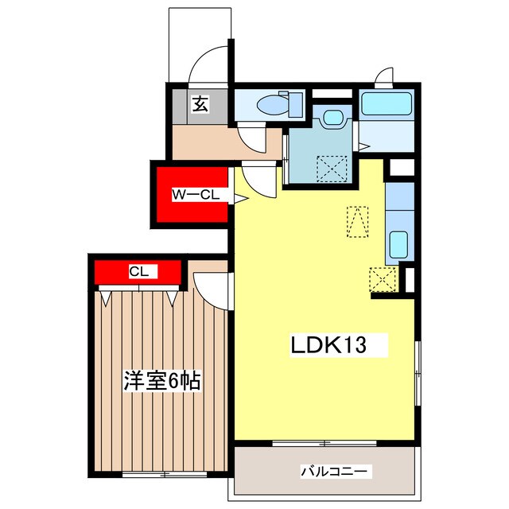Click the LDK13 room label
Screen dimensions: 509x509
click(328, 345)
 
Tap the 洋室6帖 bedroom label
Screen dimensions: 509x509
click(162, 380)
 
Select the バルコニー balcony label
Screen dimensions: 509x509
click(335, 471)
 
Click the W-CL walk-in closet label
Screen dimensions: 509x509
click(196, 195)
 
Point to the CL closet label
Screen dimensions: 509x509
click(139, 271)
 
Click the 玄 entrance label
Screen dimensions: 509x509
click(200, 104)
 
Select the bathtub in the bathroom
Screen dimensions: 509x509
click(387, 103)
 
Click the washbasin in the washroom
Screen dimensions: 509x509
click(333, 117)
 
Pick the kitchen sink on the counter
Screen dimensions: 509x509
click(398, 245)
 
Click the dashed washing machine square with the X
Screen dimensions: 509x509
click(332, 169)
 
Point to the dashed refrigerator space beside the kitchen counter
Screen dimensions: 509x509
click(383, 279)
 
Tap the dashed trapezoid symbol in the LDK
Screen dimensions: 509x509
click(357, 222)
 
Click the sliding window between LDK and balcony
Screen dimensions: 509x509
click(324, 443)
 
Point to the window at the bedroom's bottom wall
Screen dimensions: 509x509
click(165, 474)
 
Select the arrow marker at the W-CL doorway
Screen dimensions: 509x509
click(241, 199)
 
